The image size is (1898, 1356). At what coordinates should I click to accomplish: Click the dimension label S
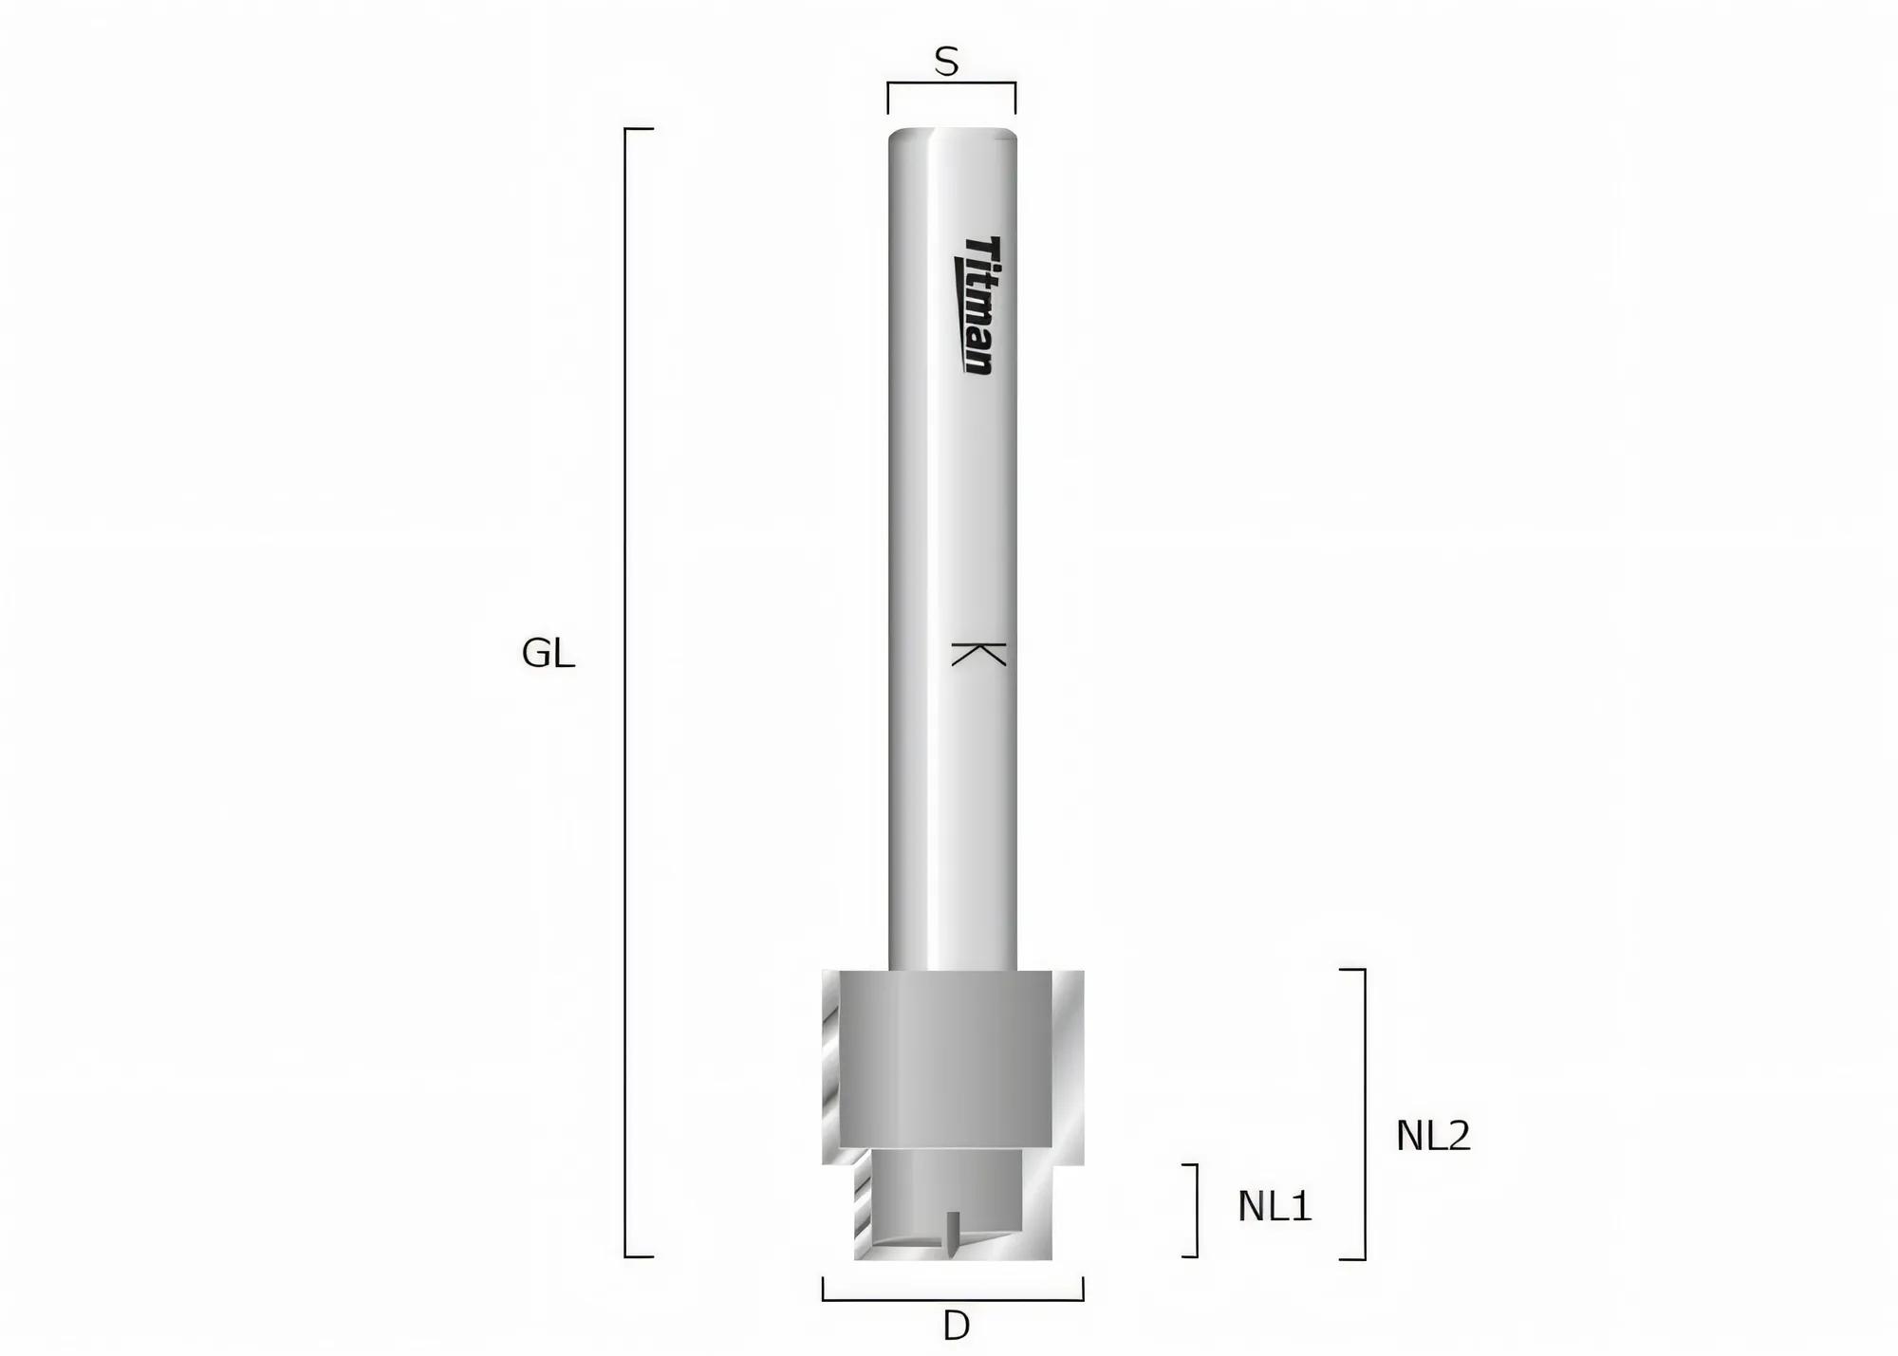click(x=946, y=63)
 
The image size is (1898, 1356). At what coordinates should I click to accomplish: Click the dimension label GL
click(x=548, y=654)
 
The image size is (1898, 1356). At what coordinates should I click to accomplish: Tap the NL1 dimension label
click(x=1274, y=1206)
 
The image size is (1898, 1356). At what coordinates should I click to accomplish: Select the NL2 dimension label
click(x=1432, y=1136)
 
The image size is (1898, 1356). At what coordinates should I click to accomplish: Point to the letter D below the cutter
click(x=956, y=1326)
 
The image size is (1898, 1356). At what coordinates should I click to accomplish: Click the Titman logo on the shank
click(x=976, y=305)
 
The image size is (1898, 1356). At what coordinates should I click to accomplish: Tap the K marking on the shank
click(x=978, y=654)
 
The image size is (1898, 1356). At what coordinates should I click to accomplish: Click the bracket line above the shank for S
click(x=952, y=84)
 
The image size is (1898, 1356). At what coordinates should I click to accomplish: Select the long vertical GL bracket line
click(x=625, y=693)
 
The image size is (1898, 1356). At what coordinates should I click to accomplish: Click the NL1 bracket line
click(x=1196, y=1210)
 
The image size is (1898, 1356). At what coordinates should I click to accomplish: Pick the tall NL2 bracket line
click(x=1364, y=1114)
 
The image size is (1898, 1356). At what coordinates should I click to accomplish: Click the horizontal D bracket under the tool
click(x=952, y=1298)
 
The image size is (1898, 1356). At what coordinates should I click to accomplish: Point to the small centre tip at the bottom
click(x=954, y=1234)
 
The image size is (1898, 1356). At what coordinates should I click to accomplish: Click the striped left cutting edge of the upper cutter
click(x=830, y=1068)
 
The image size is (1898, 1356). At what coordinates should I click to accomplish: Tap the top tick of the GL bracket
click(x=640, y=128)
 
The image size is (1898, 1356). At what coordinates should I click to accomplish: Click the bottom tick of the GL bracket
click(x=640, y=1256)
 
